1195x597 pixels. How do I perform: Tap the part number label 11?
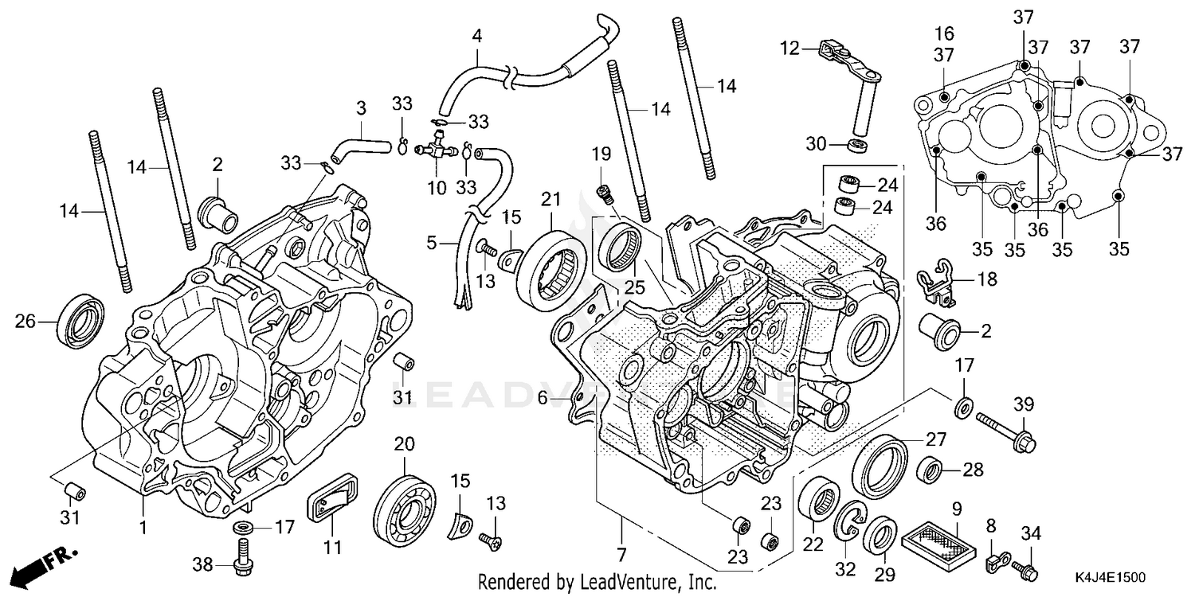pyautogui.click(x=332, y=548)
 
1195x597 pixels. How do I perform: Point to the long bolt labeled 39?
pyautogui.click(x=1005, y=431)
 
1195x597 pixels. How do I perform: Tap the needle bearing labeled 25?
pyautogui.click(x=622, y=246)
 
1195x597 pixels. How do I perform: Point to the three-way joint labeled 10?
pyautogui.click(x=435, y=149)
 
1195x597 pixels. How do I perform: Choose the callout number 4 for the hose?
pyautogui.click(x=476, y=36)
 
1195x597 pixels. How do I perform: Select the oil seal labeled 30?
pyautogui.click(x=858, y=145)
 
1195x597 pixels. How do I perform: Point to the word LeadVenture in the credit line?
pyautogui.click(x=629, y=582)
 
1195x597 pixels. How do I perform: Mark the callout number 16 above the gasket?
pyautogui.click(x=944, y=33)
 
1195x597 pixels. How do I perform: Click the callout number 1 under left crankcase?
pyautogui.click(x=144, y=527)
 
